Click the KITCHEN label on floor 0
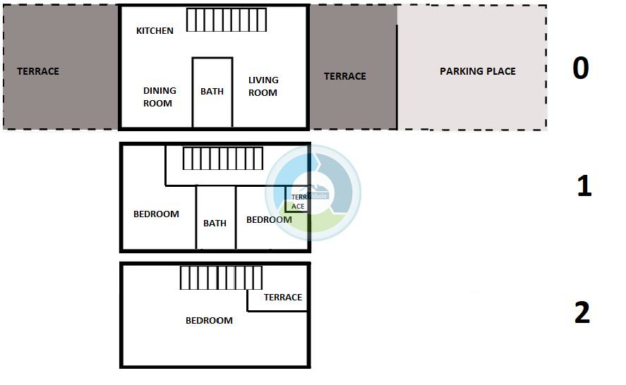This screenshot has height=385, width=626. (155, 31)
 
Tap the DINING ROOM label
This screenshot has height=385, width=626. (159, 97)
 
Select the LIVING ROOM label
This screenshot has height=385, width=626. (263, 86)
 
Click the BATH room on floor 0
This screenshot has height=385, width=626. (212, 92)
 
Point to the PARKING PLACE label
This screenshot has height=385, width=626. (478, 71)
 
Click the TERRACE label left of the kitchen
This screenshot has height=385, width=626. (38, 71)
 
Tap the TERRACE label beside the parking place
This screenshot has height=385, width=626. (344, 76)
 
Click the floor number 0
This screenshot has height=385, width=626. (581, 68)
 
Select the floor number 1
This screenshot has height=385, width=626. (584, 185)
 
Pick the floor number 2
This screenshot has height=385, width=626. (582, 312)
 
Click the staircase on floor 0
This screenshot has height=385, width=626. (227, 20)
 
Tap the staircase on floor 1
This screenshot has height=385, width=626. (223, 159)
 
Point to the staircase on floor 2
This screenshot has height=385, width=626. (221, 278)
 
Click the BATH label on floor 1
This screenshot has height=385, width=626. (215, 223)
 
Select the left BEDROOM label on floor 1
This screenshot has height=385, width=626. (156, 214)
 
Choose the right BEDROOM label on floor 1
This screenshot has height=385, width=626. (269, 220)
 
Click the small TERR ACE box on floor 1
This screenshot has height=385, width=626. (296, 199)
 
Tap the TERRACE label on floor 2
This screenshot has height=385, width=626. (283, 298)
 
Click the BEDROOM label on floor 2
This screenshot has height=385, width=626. (209, 321)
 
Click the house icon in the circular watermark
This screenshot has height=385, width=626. (315, 190)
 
